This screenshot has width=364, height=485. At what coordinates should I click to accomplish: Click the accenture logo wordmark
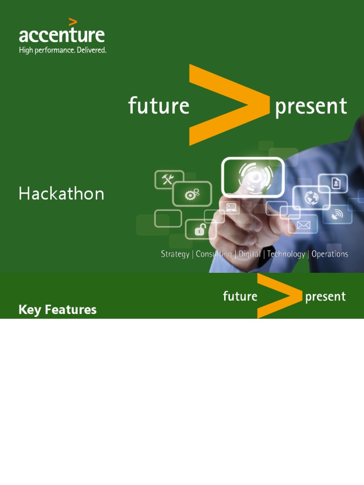tap(62, 36)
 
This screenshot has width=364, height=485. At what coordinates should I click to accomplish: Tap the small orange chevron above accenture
tap(73, 22)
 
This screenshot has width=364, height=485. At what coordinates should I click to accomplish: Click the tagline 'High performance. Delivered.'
tap(62, 50)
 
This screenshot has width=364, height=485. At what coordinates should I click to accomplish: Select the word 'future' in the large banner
tap(158, 105)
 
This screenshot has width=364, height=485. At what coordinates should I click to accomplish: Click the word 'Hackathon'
tap(61, 194)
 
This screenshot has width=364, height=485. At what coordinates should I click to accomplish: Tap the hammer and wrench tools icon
tap(169, 180)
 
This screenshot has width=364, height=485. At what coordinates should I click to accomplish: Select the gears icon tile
tap(192, 193)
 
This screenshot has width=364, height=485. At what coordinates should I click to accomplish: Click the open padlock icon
tap(200, 230)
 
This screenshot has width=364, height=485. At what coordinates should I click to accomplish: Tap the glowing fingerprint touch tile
tap(253, 177)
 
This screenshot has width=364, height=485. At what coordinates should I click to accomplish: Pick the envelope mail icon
tap(303, 225)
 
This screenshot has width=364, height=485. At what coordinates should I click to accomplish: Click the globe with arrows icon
tap(311, 198)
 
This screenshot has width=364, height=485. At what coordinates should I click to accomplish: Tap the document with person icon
tap(336, 183)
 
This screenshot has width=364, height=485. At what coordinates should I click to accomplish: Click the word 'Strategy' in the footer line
tap(175, 254)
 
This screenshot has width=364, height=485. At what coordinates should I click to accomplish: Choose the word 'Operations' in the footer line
tap(330, 254)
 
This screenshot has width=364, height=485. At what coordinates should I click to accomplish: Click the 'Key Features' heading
tap(57, 310)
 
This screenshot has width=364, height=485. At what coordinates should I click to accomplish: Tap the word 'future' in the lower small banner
tap(240, 296)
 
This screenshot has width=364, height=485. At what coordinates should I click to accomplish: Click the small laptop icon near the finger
tap(231, 207)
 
